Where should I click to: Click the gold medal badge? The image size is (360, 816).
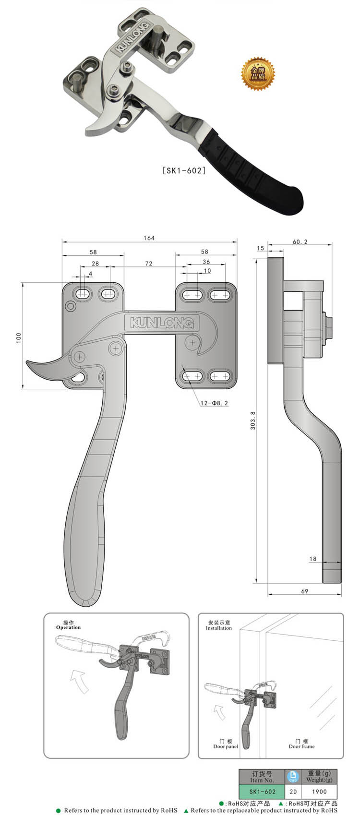coord(258,73)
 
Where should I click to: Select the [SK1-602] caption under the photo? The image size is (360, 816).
coord(184,170)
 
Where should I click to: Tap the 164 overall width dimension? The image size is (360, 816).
coord(149,238)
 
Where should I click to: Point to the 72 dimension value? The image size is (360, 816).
coord(149,264)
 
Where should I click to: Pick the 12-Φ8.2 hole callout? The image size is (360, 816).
coord(215,403)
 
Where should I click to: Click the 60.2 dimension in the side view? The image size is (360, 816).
coord(300,242)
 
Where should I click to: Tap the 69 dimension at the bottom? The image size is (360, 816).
coord(304,591)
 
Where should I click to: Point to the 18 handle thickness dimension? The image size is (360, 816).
coord(313,559)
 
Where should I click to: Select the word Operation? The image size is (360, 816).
coord(69,627)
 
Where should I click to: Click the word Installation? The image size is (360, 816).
coord(219,628)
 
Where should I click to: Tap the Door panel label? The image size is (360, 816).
coord(226,746)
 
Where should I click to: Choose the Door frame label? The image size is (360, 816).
coord(301,746)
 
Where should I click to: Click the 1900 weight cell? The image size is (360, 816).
coord(319,792)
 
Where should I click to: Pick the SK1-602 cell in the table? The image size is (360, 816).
coord(262,792)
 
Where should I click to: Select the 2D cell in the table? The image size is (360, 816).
coord(293,792)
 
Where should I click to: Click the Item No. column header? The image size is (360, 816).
coord(262,776)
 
